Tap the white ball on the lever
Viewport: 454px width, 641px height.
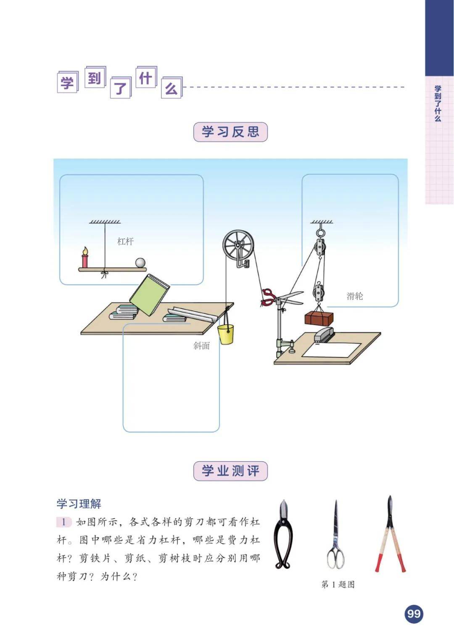click(x=140, y=263)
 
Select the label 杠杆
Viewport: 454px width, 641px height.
click(x=125, y=242)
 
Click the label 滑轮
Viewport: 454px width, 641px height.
click(x=355, y=296)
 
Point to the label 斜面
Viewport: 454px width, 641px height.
click(x=201, y=346)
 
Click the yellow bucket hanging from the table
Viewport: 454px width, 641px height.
click(x=225, y=334)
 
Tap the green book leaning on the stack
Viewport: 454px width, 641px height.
click(x=150, y=295)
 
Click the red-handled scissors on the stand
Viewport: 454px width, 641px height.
click(x=282, y=297)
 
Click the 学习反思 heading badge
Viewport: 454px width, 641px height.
click(x=230, y=132)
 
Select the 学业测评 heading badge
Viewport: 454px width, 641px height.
click(x=230, y=471)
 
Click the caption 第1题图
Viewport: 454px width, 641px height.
click(x=338, y=584)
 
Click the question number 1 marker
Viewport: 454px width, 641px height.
click(x=63, y=522)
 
